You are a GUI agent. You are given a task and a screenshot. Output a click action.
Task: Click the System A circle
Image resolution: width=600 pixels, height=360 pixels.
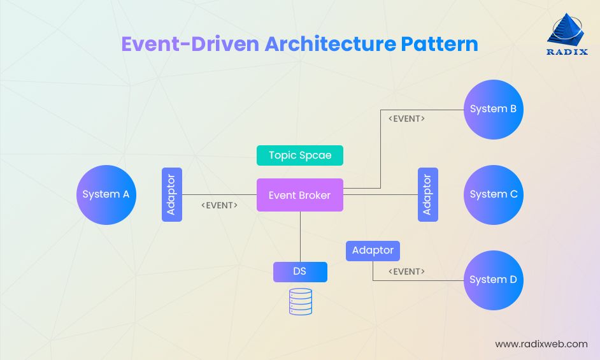click(106, 195)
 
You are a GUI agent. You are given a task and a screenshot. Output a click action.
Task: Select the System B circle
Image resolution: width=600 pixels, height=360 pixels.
click(493, 110)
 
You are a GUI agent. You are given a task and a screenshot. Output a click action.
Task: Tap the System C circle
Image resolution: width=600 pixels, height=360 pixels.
click(493, 195)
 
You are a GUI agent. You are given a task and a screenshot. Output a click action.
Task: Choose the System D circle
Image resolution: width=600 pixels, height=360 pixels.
click(493, 280)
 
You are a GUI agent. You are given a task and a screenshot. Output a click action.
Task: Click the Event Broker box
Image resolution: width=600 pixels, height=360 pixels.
click(299, 195)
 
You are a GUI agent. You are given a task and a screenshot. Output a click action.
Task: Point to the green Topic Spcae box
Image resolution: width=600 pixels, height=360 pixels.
click(299, 155)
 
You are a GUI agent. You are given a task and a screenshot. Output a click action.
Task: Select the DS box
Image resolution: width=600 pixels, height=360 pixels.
click(300, 271)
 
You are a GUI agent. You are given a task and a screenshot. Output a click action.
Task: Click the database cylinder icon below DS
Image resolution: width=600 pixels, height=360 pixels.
click(301, 301)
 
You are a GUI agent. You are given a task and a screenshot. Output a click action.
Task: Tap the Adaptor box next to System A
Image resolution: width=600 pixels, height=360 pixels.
click(172, 195)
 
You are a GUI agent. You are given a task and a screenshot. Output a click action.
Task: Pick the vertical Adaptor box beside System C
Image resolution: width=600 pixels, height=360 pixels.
click(427, 195)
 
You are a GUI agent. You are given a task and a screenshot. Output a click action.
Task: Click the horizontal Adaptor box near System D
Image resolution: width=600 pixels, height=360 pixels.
click(373, 250)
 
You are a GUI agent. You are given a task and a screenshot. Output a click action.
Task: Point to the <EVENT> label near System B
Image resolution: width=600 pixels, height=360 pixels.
click(406, 119)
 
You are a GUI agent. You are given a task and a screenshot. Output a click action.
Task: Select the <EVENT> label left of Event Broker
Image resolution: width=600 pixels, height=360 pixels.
click(219, 205)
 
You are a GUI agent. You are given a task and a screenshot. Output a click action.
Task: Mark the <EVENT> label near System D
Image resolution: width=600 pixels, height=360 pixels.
click(406, 271)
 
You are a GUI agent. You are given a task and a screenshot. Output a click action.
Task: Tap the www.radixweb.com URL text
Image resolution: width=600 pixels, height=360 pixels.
click(541, 344)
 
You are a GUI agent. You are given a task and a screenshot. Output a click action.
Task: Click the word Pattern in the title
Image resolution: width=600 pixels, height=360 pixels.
click(439, 44)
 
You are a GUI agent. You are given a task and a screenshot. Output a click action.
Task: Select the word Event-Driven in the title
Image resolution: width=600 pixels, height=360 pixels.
click(189, 44)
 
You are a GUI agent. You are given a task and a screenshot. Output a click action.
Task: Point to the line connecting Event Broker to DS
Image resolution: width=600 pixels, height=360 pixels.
click(300, 236)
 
